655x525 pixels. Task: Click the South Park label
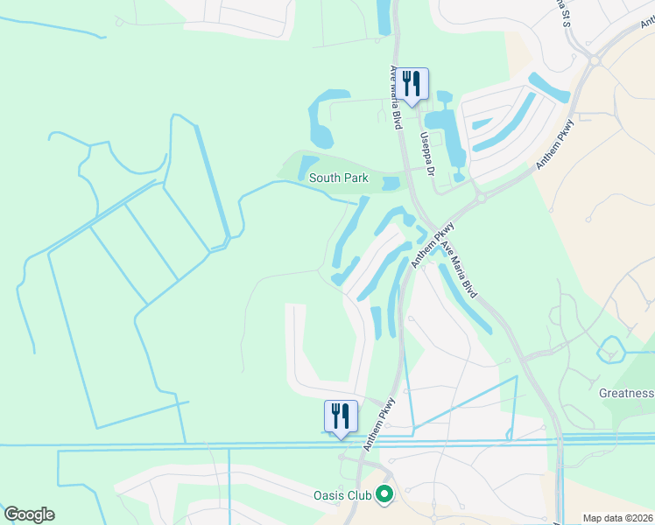coord(338,178)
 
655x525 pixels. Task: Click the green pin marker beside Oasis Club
coord(384,495)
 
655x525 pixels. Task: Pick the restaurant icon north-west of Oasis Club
coord(341,416)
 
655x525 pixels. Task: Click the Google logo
coord(29,514)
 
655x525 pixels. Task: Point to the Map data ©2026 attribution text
coord(616,518)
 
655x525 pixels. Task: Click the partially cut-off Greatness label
coord(627,394)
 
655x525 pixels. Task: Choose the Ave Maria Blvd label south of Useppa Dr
coord(461,262)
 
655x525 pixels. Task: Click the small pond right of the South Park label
coord(391,183)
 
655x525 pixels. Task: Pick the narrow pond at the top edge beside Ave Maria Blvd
coord(384,17)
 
